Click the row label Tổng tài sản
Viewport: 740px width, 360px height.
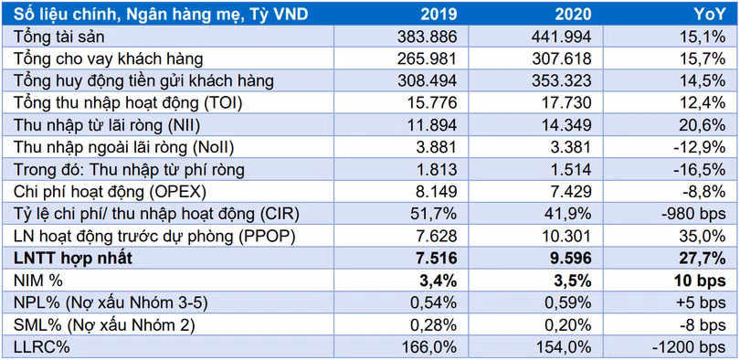[x=57, y=36]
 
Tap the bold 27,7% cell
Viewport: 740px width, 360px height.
[x=703, y=258]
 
